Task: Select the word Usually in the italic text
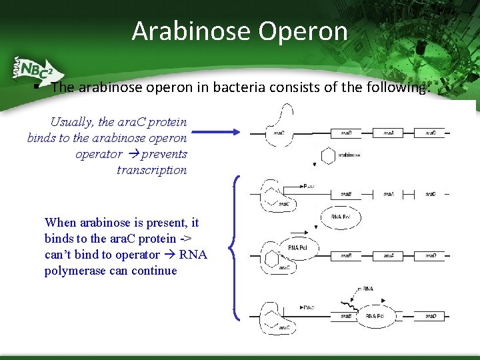tap(73, 122)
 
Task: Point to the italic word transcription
tap(152, 170)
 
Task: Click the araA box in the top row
tap(388, 133)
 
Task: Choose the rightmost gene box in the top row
tap(431, 133)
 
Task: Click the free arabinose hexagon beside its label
tap(327, 156)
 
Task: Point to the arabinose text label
tap(349, 155)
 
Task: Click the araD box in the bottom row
tap(431, 315)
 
